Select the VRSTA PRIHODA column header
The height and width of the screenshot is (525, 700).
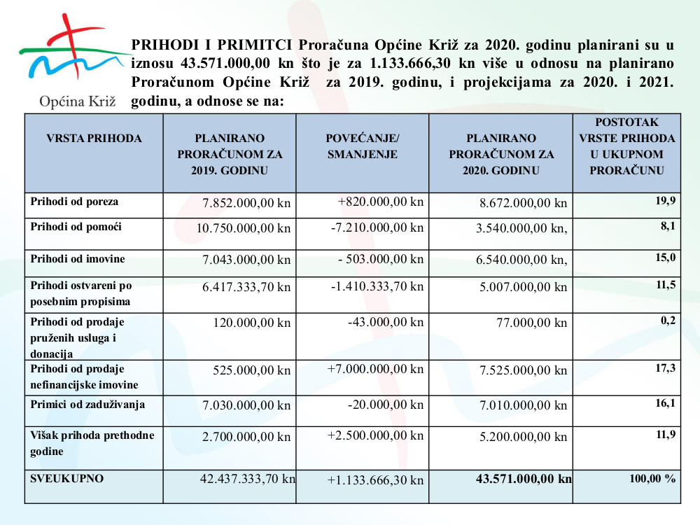point(94,139)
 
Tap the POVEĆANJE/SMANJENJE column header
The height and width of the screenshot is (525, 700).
point(363,146)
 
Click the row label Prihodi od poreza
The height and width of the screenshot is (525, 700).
point(75,202)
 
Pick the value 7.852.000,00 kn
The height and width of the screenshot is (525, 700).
point(246,204)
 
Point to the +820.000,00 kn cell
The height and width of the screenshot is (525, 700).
point(381,202)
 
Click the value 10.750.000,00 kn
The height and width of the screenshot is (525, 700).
point(244,228)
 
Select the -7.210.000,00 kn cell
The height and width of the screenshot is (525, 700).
point(377,227)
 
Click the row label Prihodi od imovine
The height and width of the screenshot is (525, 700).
point(78,259)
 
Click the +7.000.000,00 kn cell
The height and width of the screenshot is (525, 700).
point(376,369)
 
